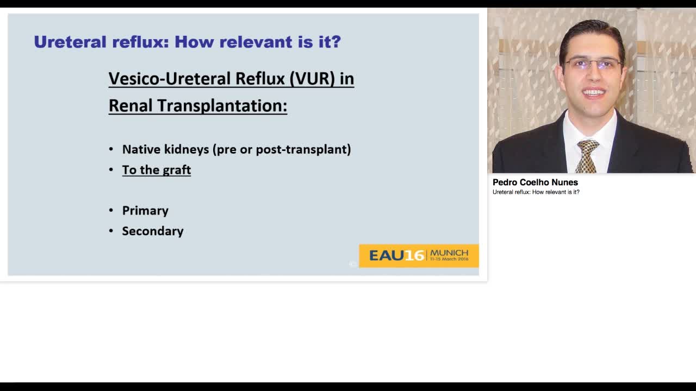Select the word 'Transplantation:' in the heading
tap(222, 105)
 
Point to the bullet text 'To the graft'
tap(156, 170)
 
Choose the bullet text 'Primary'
tap(145, 211)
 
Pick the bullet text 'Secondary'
tap(153, 231)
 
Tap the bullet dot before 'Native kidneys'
tap(111, 149)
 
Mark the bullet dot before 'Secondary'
tap(111, 231)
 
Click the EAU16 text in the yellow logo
tap(396, 255)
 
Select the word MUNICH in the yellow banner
tap(449, 253)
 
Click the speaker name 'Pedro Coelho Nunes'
tap(535, 182)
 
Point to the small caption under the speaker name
tap(536, 192)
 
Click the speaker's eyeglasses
tap(593, 65)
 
